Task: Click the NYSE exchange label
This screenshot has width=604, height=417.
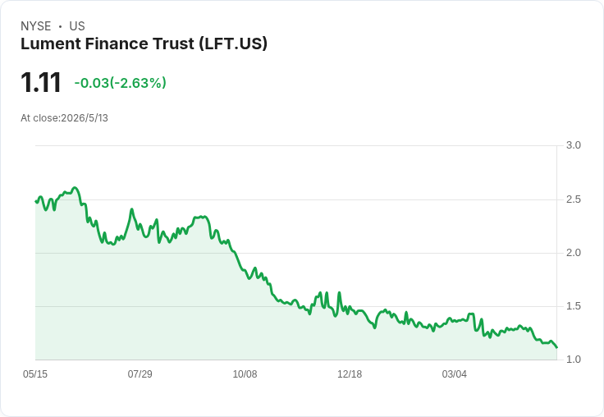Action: [36, 26]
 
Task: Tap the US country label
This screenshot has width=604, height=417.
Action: [77, 26]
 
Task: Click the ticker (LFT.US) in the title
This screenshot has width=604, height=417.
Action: [233, 44]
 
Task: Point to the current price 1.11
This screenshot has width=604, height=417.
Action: [41, 82]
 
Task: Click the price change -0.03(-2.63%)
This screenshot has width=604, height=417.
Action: [120, 83]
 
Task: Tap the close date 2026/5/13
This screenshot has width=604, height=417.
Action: [85, 118]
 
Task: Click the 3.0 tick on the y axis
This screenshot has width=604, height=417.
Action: [573, 145]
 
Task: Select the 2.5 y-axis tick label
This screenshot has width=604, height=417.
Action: [573, 199]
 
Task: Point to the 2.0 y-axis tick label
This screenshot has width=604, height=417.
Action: [573, 253]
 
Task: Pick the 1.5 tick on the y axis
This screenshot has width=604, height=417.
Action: [573, 306]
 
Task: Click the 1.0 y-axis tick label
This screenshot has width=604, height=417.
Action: [573, 360]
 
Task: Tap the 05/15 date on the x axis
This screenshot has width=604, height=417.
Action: [35, 374]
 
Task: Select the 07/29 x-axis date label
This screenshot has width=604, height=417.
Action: [140, 374]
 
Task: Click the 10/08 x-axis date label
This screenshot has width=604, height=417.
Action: [245, 374]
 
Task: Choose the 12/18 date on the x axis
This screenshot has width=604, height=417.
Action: [350, 374]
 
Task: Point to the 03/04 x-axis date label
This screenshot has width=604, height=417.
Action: [455, 374]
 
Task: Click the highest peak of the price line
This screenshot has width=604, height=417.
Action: [75, 188]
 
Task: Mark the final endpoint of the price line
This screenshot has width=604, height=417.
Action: [556, 347]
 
